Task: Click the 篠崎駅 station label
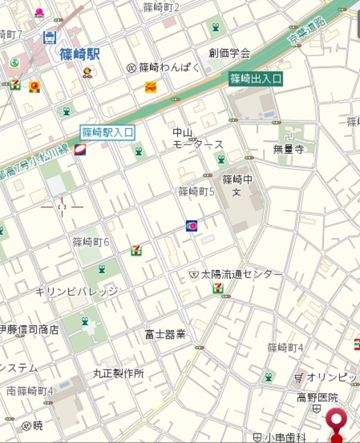click(80, 53)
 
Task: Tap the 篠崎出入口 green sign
click(255, 78)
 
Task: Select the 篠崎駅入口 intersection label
click(107, 132)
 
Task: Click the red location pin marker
click(338, 423)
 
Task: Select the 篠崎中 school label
click(237, 179)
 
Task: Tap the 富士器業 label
click(165, 334)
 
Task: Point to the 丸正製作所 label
click(118, 373)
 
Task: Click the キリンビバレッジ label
click(77, 291)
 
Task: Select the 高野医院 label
click(318, 397)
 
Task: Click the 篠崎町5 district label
click(197, 191)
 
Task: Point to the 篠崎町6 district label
click(91, 242)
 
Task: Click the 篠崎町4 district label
click(286, 347)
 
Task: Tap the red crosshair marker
click(62, 206)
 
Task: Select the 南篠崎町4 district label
click(30, 391)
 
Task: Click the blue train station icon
click(50, 37)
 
